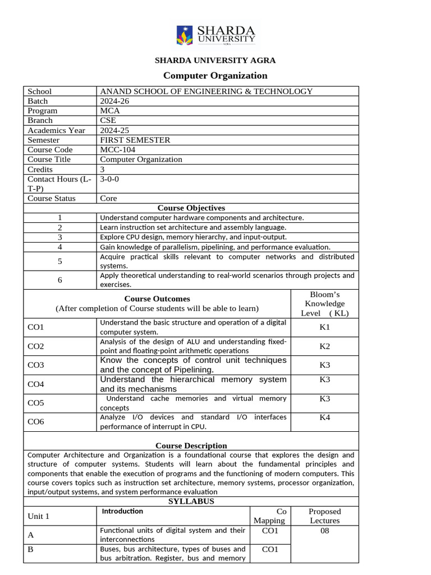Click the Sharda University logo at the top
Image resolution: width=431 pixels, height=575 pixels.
click(215, 35)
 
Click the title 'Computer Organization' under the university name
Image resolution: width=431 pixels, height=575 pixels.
click(215, 75)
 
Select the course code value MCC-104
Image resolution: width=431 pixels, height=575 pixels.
click(117, 149)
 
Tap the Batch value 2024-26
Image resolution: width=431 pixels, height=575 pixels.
click(113, 101)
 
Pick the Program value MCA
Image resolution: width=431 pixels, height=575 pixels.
click(110, 111)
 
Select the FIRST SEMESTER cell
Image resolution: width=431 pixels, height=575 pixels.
click(135, 140)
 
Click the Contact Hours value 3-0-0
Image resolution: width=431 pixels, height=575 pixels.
click(109, 179)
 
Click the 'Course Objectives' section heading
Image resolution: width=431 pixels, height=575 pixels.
click(191, 208)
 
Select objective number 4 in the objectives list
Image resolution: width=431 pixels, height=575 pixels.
click(59, 247)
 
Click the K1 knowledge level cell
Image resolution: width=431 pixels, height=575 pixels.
click(324, 327)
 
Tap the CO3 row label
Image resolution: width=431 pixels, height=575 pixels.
click(36, 365)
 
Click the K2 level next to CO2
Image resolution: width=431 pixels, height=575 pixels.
click(324, 346)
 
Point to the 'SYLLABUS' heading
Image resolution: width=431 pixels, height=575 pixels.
click(191, 501)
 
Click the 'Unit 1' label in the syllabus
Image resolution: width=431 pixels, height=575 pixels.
click(39, 516)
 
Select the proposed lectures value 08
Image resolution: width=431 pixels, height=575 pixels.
click(324, 530)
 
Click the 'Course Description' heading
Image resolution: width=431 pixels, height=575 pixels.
click(191, 445)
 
